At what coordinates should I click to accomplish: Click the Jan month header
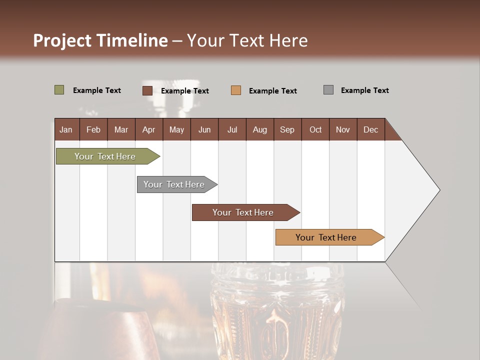[66, 129]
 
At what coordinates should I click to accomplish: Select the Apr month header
[148, 129]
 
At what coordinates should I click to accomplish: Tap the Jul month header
[232, 129]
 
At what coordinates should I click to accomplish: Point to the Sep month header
[287, 129]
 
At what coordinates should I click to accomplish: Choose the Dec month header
[370, 129]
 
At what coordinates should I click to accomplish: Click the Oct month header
[315, 129]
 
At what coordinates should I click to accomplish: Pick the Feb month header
[93, 129]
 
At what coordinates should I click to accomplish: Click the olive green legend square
[59, 90]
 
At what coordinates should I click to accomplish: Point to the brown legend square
[147, 90]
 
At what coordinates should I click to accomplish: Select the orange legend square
[236, 90]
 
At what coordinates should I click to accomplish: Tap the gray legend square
[328, 90]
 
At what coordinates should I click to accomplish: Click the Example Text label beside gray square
[364, 90]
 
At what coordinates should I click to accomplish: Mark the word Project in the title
[62, 40]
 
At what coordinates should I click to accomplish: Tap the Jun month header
[204, 129]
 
